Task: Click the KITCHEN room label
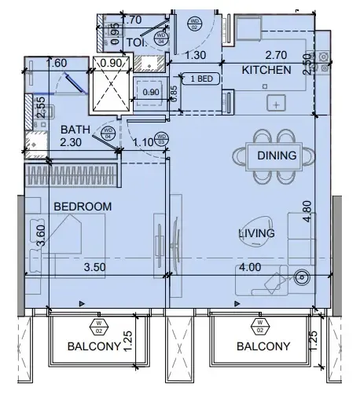(x=266, y=70)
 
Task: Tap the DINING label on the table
(x=277, y=156)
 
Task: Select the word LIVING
(x=256, y=233)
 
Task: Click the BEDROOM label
(x=83, y=207)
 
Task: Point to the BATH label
(x=52, y=130)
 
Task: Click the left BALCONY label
(x=94, y=346)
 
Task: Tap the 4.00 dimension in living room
(x=249, y=268)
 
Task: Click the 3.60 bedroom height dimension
(x=30, y=236)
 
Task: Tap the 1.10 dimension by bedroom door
(x=142, y=143)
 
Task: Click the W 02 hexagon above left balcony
(x=98, y=325)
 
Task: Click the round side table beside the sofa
(x=301, y=276)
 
